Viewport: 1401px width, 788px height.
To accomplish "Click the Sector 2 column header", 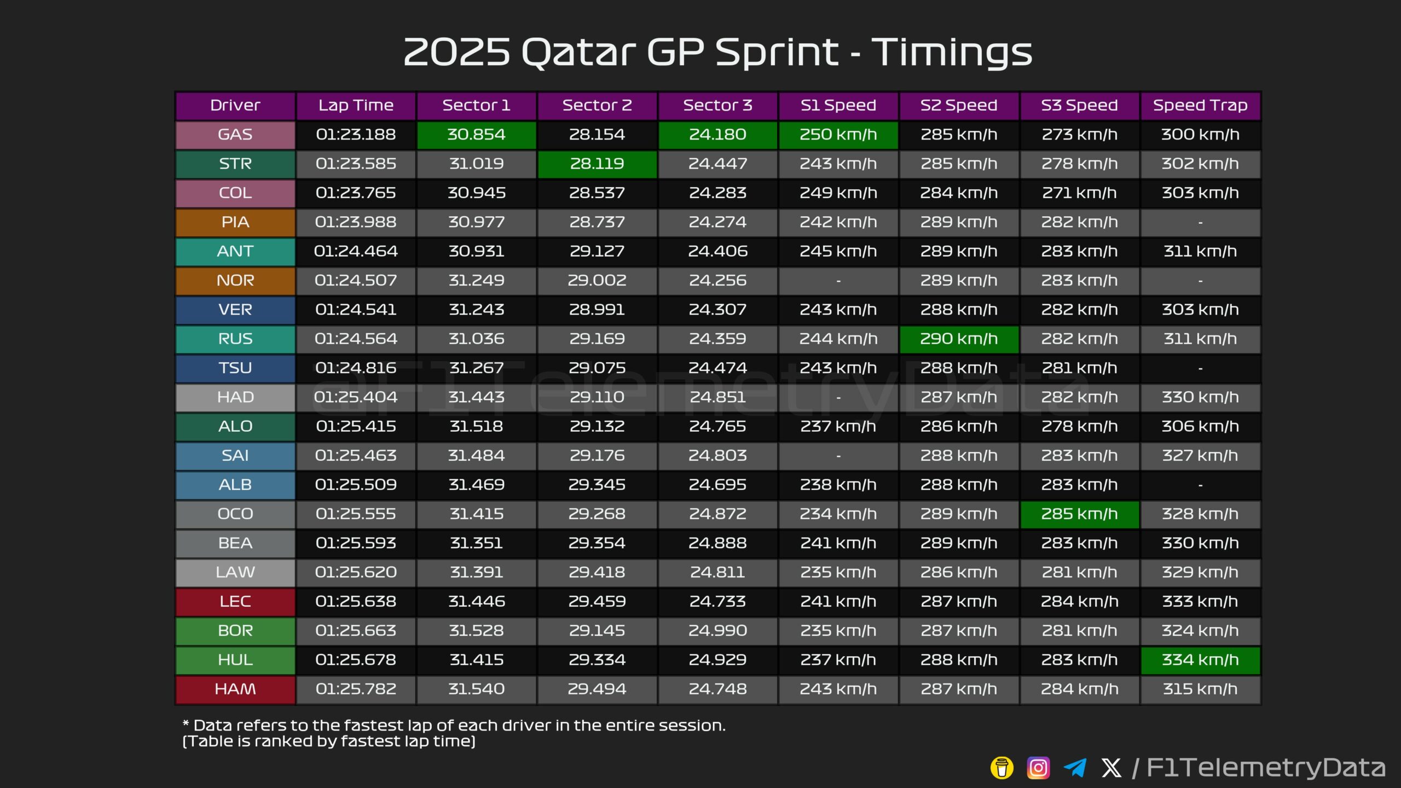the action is pyautogui.click(x=597, y=105).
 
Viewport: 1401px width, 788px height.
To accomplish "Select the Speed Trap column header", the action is pyautogui.click(x=1200, y=105).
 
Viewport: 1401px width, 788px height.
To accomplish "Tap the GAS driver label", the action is pyautogui.click(x=235, y=135).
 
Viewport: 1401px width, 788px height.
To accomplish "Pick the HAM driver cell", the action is pyautogui.click(x=235, y=689).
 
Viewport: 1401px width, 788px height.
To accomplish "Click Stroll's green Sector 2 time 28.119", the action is pyautogui.click(x=597, y=164).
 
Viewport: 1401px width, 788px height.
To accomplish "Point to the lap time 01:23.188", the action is pyautogui.click(x=356, y=135).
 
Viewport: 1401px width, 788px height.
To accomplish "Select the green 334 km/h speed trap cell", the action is pyautogui.click(x=1200, y=660).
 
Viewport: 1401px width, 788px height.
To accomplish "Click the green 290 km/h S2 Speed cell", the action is pyautogui.click(x=959, y=339).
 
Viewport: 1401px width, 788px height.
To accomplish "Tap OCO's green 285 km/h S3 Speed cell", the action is pyautogui.click(x=1079, y=514).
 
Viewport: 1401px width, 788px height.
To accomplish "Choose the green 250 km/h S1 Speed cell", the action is pyautogui.click(x=838, y=135).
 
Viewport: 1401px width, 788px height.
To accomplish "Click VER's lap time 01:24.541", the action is pyautogui.click(x=356, y=310).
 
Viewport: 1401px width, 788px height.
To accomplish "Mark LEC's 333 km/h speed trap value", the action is pyautogui.click(x=1200, y=601).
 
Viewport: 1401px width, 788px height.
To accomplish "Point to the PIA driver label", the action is pyautogui.click(x=235, y=222).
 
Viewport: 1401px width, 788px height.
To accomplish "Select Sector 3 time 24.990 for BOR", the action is pyautogui.click(x=717, y=630).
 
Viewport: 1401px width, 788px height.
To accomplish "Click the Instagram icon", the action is pyautogui.click(x=1038, y=768).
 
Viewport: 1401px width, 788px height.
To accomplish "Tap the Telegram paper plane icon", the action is pyautogui.click(x=1075, y=768).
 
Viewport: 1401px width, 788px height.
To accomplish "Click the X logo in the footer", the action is pyautogui.click(x=1111, y=768).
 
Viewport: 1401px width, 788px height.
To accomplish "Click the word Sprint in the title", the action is pyautogui.click(x=777, y=53).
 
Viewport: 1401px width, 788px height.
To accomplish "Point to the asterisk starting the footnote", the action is pyautogui.click(x=186, y=723).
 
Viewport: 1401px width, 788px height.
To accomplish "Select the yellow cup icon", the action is pyautogui.click(x=1002, y=768).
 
